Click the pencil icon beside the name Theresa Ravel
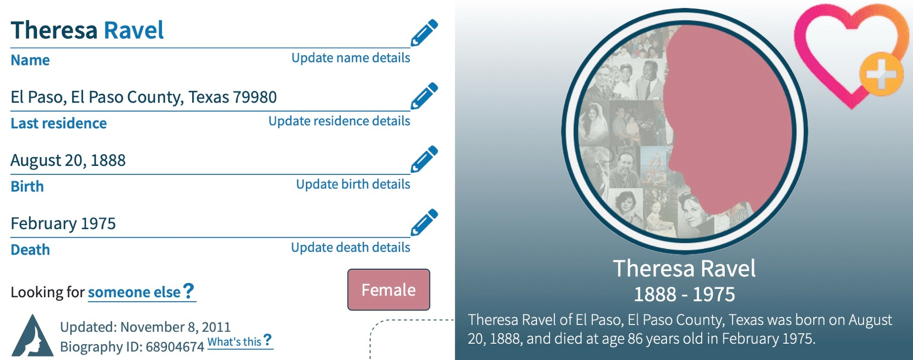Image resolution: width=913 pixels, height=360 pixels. point(424,32)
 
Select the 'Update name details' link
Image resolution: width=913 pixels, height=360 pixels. point(350,58)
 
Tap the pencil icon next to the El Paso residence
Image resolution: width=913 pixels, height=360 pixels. point(424,96)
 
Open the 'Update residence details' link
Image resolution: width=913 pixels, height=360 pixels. point(339,121)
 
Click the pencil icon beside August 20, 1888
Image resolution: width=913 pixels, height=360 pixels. point(424,159)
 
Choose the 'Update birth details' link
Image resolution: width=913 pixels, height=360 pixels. point(353,184)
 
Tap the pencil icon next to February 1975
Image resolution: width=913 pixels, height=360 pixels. point(424,222)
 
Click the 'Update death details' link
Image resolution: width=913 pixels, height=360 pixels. point(350,247)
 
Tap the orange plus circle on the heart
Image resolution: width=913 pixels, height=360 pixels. point(881,75)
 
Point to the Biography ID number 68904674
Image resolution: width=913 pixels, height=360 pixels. point(174,347)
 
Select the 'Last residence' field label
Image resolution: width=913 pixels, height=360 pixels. point(59,123)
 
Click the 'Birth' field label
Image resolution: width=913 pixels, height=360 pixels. point(27,187)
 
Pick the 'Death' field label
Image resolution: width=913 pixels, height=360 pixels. point(30,249)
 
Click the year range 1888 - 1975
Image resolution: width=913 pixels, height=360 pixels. point(684,294)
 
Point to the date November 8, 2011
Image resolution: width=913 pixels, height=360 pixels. point(175,327)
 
